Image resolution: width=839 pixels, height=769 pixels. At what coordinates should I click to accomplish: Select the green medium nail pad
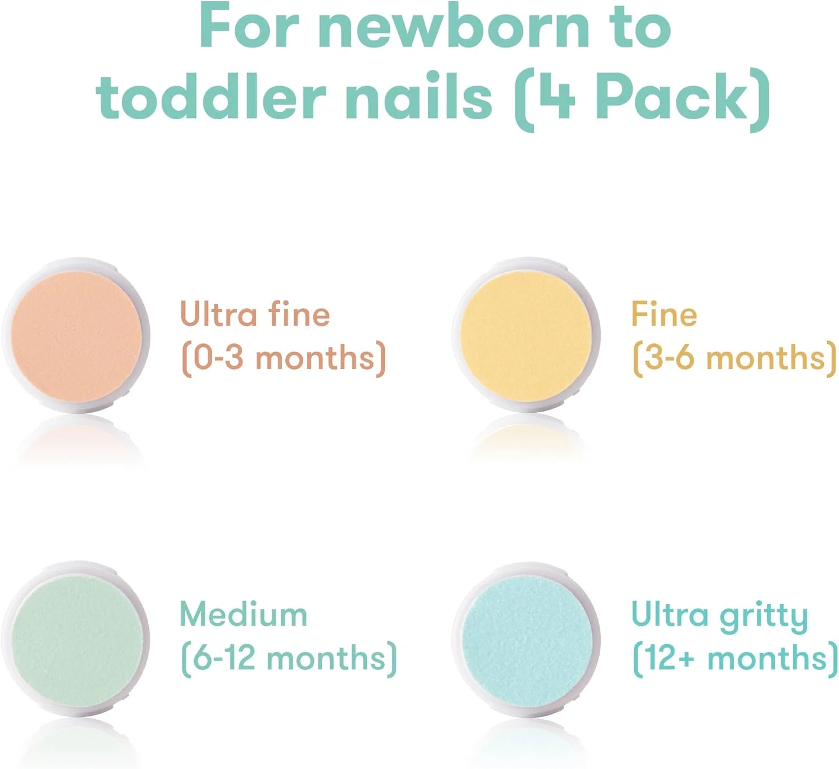click(x=76, y=639)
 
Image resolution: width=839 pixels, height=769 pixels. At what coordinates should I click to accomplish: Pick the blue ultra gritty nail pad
click(x=526, y=639)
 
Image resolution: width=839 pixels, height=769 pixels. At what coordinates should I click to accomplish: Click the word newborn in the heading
click(x=454, y=27)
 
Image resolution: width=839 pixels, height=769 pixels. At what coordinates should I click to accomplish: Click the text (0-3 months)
click(x=283, y=358)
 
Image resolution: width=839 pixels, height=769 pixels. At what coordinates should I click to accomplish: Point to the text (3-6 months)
click(x=734, y=358)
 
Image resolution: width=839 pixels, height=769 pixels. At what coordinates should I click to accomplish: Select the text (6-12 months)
click(x=289, y=659)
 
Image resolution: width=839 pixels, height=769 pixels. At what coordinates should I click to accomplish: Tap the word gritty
click(x=763, y=618)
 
